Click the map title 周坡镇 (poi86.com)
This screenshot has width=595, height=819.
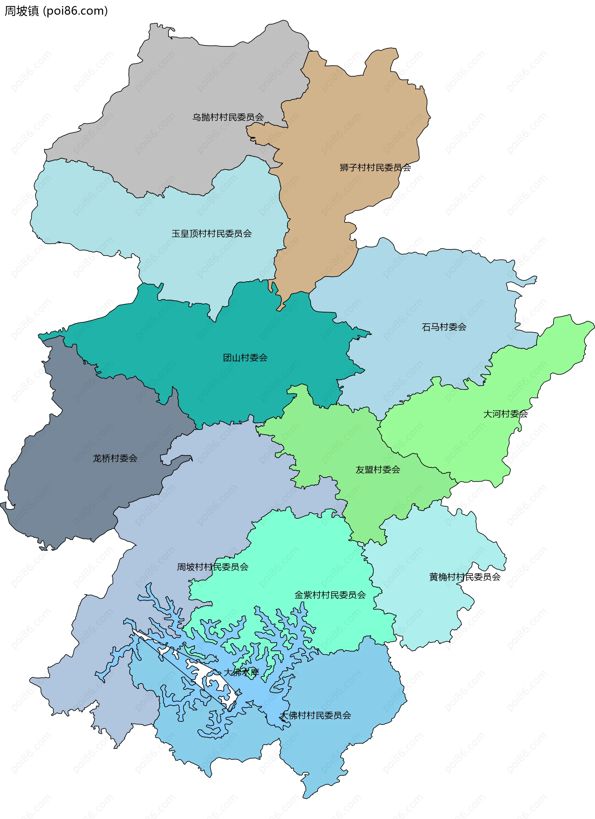click(x=56, y=11)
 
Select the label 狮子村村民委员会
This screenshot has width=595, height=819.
click(x=375, y=168)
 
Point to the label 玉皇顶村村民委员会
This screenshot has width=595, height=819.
click(x=211, y=234)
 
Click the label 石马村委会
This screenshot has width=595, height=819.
click(x=444, y=327)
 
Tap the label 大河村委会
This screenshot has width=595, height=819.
click(x=505, y=414)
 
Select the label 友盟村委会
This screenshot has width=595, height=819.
click(x=377, y=470)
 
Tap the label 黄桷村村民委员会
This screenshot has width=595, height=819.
click(x=465, y=577)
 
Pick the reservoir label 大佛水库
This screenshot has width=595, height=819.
click(x=241, y=672)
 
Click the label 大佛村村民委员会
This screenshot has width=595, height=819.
click(x=315, y=715)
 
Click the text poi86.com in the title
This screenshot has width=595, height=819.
click(x=75, y=11)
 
